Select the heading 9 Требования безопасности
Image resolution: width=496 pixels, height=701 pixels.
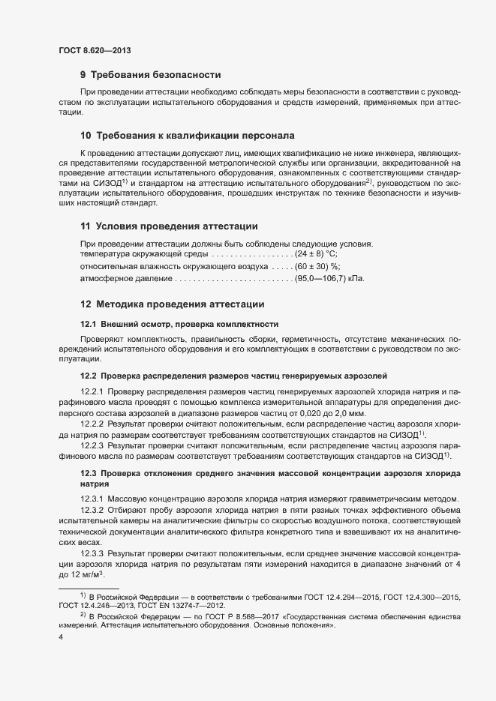point(150,74)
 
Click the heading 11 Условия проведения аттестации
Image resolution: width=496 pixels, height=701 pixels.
point(169,226)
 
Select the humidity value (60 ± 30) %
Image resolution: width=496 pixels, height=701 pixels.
point(317,266)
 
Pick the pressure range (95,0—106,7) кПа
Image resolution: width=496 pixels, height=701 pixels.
point(330,279)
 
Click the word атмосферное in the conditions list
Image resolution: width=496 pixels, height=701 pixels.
point(110,279)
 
